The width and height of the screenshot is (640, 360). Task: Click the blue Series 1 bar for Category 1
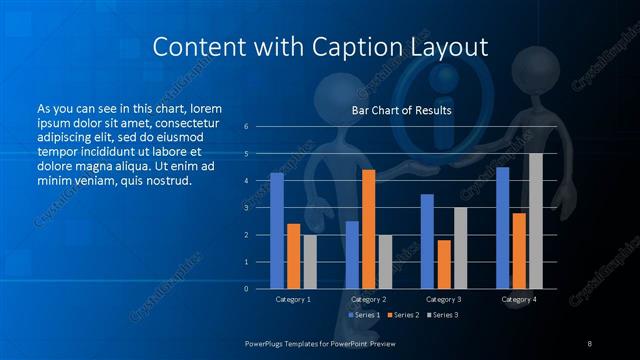(277, 231)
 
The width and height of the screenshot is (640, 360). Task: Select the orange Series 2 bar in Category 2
(368, 229)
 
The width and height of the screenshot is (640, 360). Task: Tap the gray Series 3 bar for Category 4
(535, 221)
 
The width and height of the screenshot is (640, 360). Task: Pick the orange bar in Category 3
(443, 264)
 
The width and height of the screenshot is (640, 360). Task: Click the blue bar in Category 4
(502, 228)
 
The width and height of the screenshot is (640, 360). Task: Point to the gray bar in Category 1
(310, 262)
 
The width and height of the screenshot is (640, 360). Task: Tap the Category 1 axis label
(293, 299)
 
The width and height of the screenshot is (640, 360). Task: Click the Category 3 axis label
(443, 299)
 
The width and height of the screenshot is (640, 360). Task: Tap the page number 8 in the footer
(589, 344)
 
